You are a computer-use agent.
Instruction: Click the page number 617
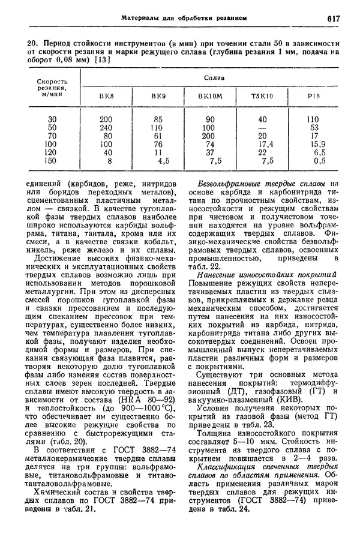coord(334,18)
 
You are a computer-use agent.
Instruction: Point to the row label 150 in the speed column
coord(52,161)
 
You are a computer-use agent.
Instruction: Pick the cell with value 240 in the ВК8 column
coord(106,127)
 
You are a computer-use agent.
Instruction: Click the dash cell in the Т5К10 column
coord(262,127)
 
